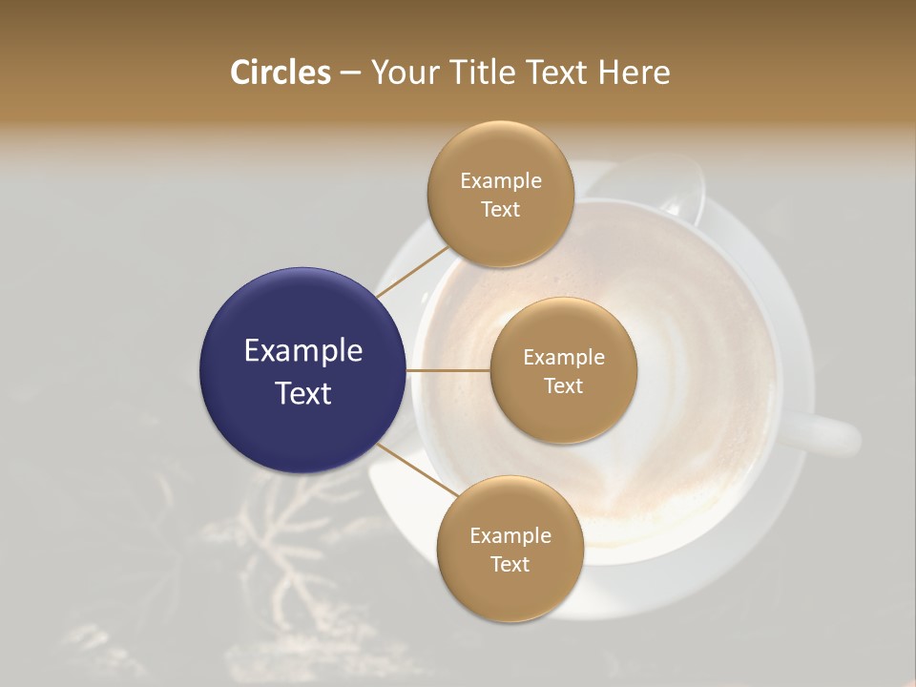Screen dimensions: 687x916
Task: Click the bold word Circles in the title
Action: [280, 73]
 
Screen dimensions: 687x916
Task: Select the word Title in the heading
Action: [474, 73]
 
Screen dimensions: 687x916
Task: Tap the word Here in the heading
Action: [634, 73]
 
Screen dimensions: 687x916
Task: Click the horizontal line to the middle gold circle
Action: [448, 370]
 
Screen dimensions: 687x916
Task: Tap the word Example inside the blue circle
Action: [303, 351]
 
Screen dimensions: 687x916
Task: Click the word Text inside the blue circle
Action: [303, 393]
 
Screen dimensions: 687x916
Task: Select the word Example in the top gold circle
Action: [500, 180]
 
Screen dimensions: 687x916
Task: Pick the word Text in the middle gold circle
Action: [563, 385]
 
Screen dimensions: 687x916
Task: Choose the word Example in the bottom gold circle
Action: [510, 535]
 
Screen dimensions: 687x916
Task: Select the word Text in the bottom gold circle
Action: [510, 564]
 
